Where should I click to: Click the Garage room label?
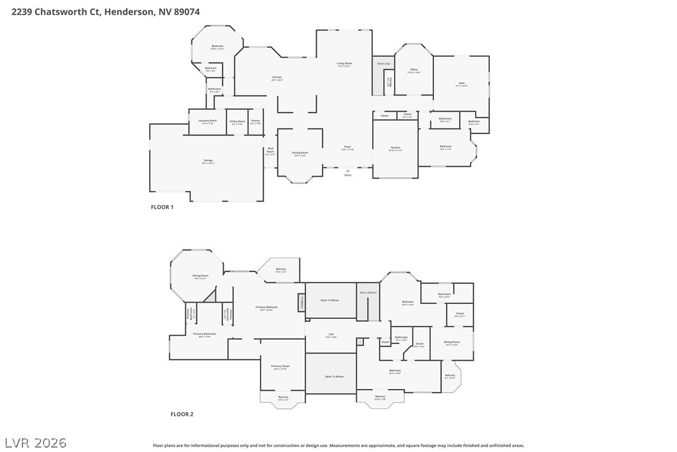tap(208, 161)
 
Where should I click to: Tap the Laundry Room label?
tap(208, 122)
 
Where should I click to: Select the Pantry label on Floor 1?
tap(256, 121)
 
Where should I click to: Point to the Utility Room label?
tap(237, 122)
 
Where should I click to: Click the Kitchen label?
tap(277, 78)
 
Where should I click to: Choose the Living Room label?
tap(345, 64)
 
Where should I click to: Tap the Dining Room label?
tap(300, 153)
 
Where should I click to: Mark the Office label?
tap(413, 70)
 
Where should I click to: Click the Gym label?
tap(461, 84)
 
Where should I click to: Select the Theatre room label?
tap(395, 148)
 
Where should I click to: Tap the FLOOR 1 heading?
tap(162, 207)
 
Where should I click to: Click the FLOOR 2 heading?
tap(182, 414)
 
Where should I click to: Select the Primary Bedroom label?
tap(267, 307)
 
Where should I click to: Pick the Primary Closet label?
tap(280, 366)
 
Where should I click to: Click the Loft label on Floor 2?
tap(331, 335)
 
